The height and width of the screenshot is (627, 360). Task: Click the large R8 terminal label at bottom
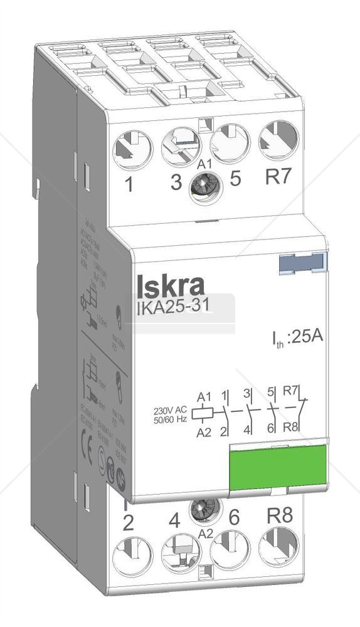279,517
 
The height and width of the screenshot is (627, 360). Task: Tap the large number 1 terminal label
129,185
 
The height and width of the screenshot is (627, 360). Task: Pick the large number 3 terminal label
177,182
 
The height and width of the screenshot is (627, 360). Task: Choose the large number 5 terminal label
235,179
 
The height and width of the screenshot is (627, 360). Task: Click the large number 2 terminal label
128,523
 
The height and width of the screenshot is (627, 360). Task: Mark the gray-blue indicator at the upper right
304,264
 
